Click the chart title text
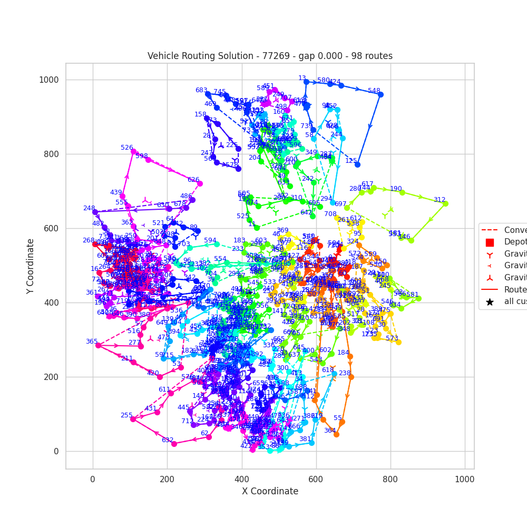[270, 56]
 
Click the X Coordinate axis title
[270, 491]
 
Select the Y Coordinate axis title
[31, 266]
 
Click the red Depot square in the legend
[490, 242]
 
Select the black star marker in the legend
[490, 302]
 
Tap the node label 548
[374, 91]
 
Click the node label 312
[440, 200]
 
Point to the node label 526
[127, 148]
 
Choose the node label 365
[92, 341]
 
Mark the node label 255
[126, 415]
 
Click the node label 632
[168, 440]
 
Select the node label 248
[89, 208]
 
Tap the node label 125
[352, 161]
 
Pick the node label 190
[396, 189]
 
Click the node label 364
[330, 431]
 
